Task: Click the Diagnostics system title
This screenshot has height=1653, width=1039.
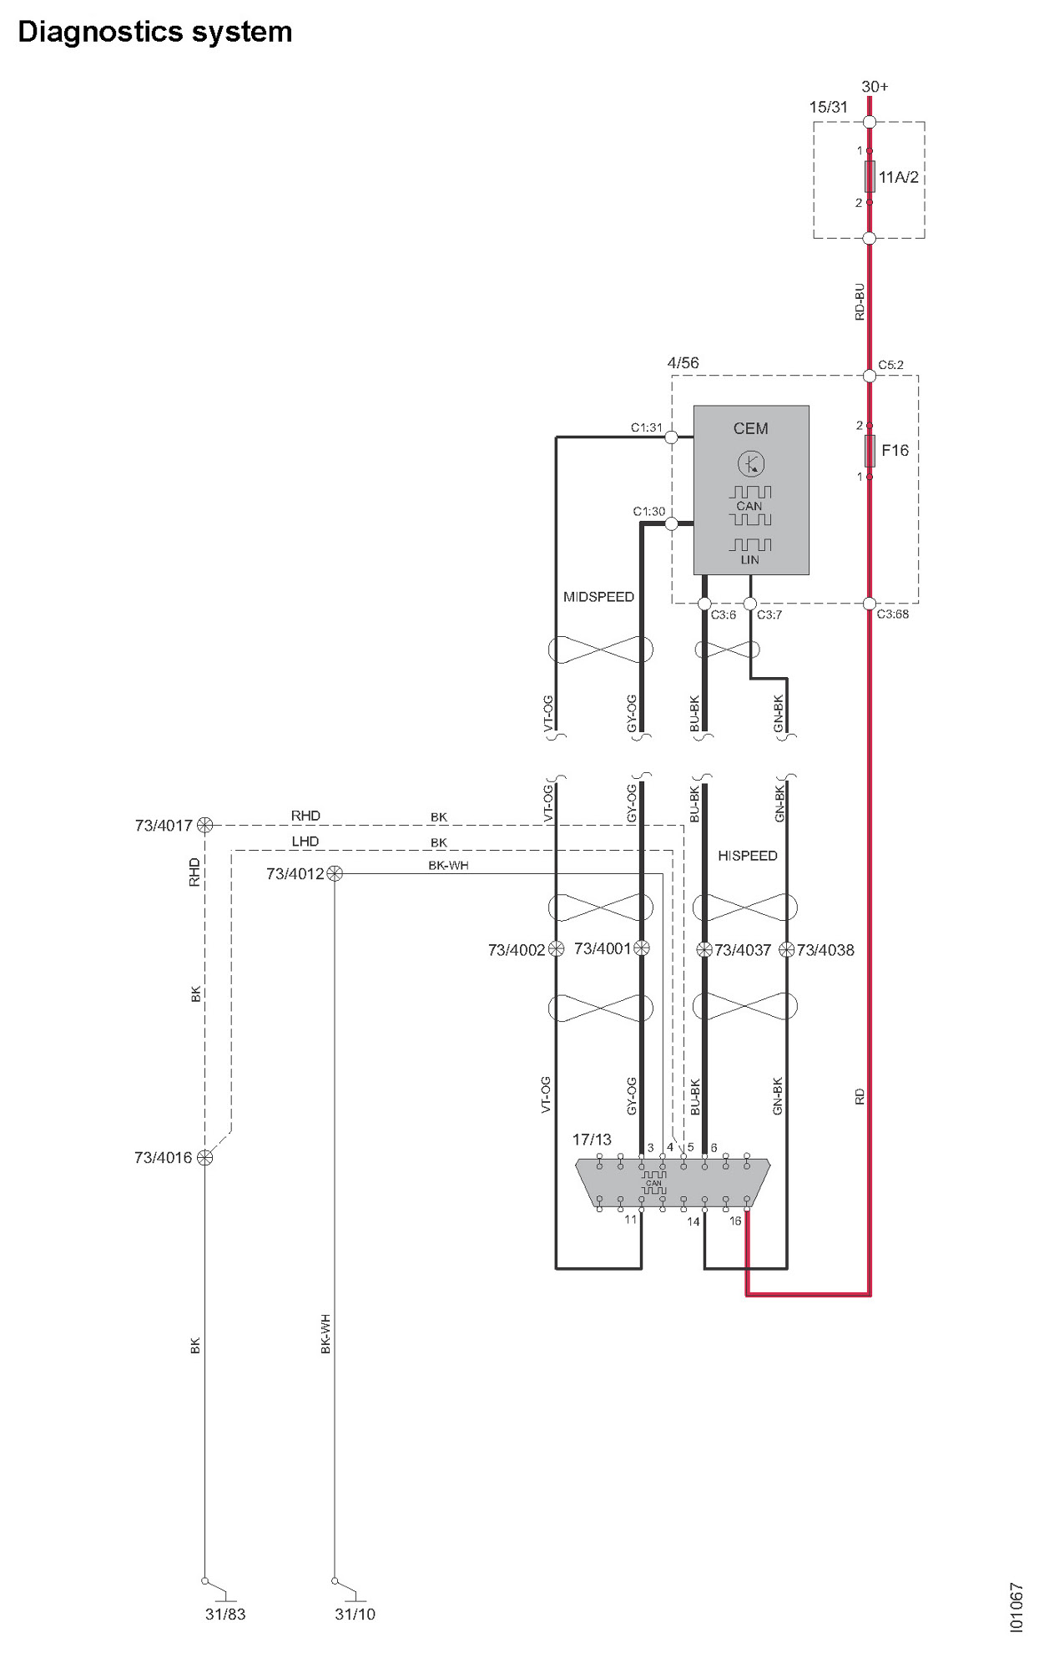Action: click(x=155, y=33)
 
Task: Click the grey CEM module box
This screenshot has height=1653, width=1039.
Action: click(x=751, y=489)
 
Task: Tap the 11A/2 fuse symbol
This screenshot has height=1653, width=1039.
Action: click(x=870, y=176)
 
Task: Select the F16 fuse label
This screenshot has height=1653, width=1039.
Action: click(x=895, y=451)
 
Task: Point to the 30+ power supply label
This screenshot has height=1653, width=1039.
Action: click(x=875, y=87)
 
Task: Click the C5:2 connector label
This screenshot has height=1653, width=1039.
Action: click(x=890, y=365)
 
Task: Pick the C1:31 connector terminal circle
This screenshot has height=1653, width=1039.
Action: click(x=671, y=437)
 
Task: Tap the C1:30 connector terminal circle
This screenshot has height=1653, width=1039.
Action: click(x=671, y=524)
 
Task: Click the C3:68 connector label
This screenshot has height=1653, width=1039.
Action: click(x=892, y=614)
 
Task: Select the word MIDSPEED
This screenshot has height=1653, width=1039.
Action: click(x=598, y=597)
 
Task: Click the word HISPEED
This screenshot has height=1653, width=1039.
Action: click(x=747, y=856)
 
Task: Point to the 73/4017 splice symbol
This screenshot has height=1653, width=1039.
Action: click(x=204, y=826)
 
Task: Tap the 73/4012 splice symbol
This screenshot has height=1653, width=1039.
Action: click(x=335, y=874)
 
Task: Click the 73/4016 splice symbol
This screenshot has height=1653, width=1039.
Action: click(x=204, y=1158)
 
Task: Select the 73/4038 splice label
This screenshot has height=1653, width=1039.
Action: click(x=825, y=950)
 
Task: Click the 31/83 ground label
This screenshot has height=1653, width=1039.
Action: click(x=225, y=1615)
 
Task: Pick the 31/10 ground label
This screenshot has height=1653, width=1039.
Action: click(x=355, y=1615)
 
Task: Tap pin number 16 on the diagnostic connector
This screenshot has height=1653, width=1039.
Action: click(x=735, y=1221)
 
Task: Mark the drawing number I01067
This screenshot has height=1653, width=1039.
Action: click(x=1016, y=1607)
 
